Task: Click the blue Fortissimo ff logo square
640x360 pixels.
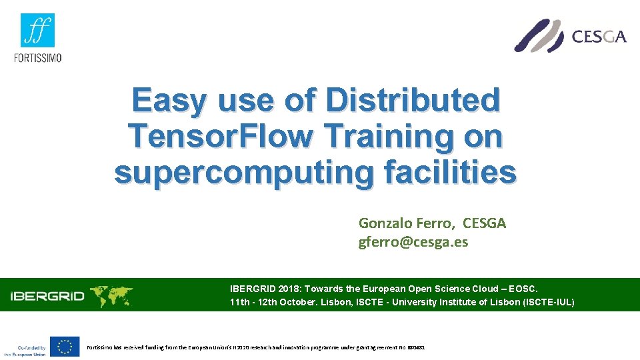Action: (37, 30)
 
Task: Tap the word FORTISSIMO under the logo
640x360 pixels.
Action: (37, 57)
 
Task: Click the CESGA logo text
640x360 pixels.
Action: (599, 36)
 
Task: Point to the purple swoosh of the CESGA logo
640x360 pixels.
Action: (539, 35)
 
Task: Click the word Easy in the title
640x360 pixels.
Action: (169, 101)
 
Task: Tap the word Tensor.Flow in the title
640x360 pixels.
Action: (221, 137)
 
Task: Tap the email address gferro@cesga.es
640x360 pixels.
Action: (413, 242)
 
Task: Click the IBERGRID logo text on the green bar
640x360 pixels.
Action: (47, 295)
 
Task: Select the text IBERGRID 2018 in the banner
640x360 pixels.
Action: (263, 289)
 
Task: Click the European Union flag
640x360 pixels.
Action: (65, 347)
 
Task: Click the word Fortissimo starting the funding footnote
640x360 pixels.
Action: (102, 347)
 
